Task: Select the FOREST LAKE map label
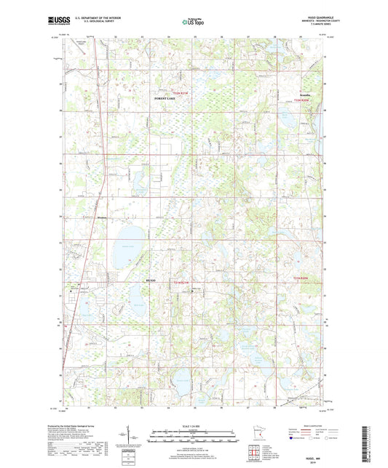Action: pos(165,97)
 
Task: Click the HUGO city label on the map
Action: pos(151,282)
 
